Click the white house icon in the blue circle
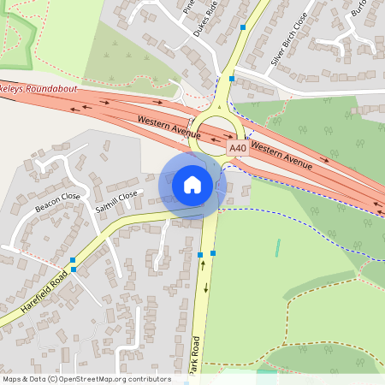[x=192, y=184]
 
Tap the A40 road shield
[x=237, y=149]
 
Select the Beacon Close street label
[x=57, y=202]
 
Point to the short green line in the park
[x=277, y=248]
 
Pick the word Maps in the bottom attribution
[x=11, y=379]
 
